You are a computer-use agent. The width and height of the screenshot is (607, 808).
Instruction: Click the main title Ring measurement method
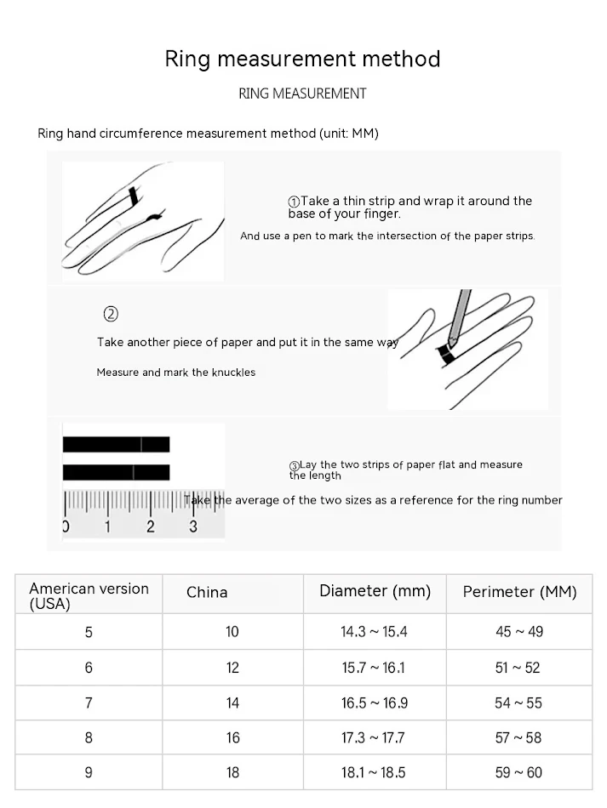point(302,59)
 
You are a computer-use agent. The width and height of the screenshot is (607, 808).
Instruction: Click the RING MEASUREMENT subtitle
point(302,94)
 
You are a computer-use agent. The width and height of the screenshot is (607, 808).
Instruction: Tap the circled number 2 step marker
point(111,314)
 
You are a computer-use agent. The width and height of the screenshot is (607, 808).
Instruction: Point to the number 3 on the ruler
point(193,526)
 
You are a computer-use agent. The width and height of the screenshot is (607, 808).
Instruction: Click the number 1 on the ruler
point(107,526)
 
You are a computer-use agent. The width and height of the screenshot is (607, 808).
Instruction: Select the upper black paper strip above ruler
point(116,444)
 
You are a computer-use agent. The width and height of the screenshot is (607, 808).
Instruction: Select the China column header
point(207,593)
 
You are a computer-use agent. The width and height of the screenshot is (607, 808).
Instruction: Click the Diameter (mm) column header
point(375,591)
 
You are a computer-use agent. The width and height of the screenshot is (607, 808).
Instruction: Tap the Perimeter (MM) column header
point(519,592)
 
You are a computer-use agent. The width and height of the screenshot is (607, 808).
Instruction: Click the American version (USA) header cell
point(89,596)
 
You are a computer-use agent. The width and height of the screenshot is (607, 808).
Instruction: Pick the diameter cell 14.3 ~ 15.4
point(375,632)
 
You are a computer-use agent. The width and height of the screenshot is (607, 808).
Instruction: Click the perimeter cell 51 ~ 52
point(518,668)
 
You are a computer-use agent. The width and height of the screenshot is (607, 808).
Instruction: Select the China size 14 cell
point(232,703)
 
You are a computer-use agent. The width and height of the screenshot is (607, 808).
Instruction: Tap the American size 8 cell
point(89,738)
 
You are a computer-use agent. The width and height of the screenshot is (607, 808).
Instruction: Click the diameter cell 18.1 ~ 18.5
point(375,773)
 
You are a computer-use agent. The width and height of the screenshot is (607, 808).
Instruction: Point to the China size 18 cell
point(232,773)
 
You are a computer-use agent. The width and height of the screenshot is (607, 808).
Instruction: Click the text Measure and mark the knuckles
point(175,373)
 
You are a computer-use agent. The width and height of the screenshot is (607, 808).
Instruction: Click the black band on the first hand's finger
point(133,197)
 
